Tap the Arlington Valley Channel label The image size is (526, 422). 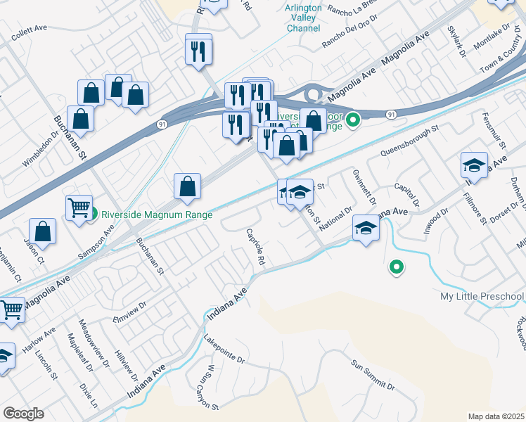click(x=303, y=18)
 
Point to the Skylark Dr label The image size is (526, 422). click(x=457, y=41)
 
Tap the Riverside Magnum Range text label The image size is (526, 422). click(x=157, y=215)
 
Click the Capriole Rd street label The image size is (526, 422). click(x=255, y=247)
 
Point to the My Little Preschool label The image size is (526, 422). click(x=482, y=296)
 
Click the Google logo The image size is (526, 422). click(x=23, y=414)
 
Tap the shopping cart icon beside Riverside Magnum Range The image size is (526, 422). click(x=79, y=207)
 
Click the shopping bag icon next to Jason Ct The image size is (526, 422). click(x=43, y=231)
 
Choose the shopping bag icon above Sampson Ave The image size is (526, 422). click(x=188, y=186)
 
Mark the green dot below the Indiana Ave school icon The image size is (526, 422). click(x=397, y=267)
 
